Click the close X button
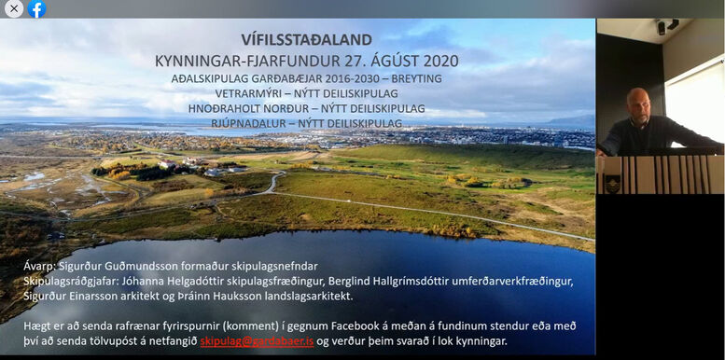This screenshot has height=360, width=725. pos(14,9)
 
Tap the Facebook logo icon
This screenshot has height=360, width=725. pos(37,9)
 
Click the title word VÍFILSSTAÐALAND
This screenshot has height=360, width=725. pos(306,40)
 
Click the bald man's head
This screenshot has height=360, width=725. pos(638,101)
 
